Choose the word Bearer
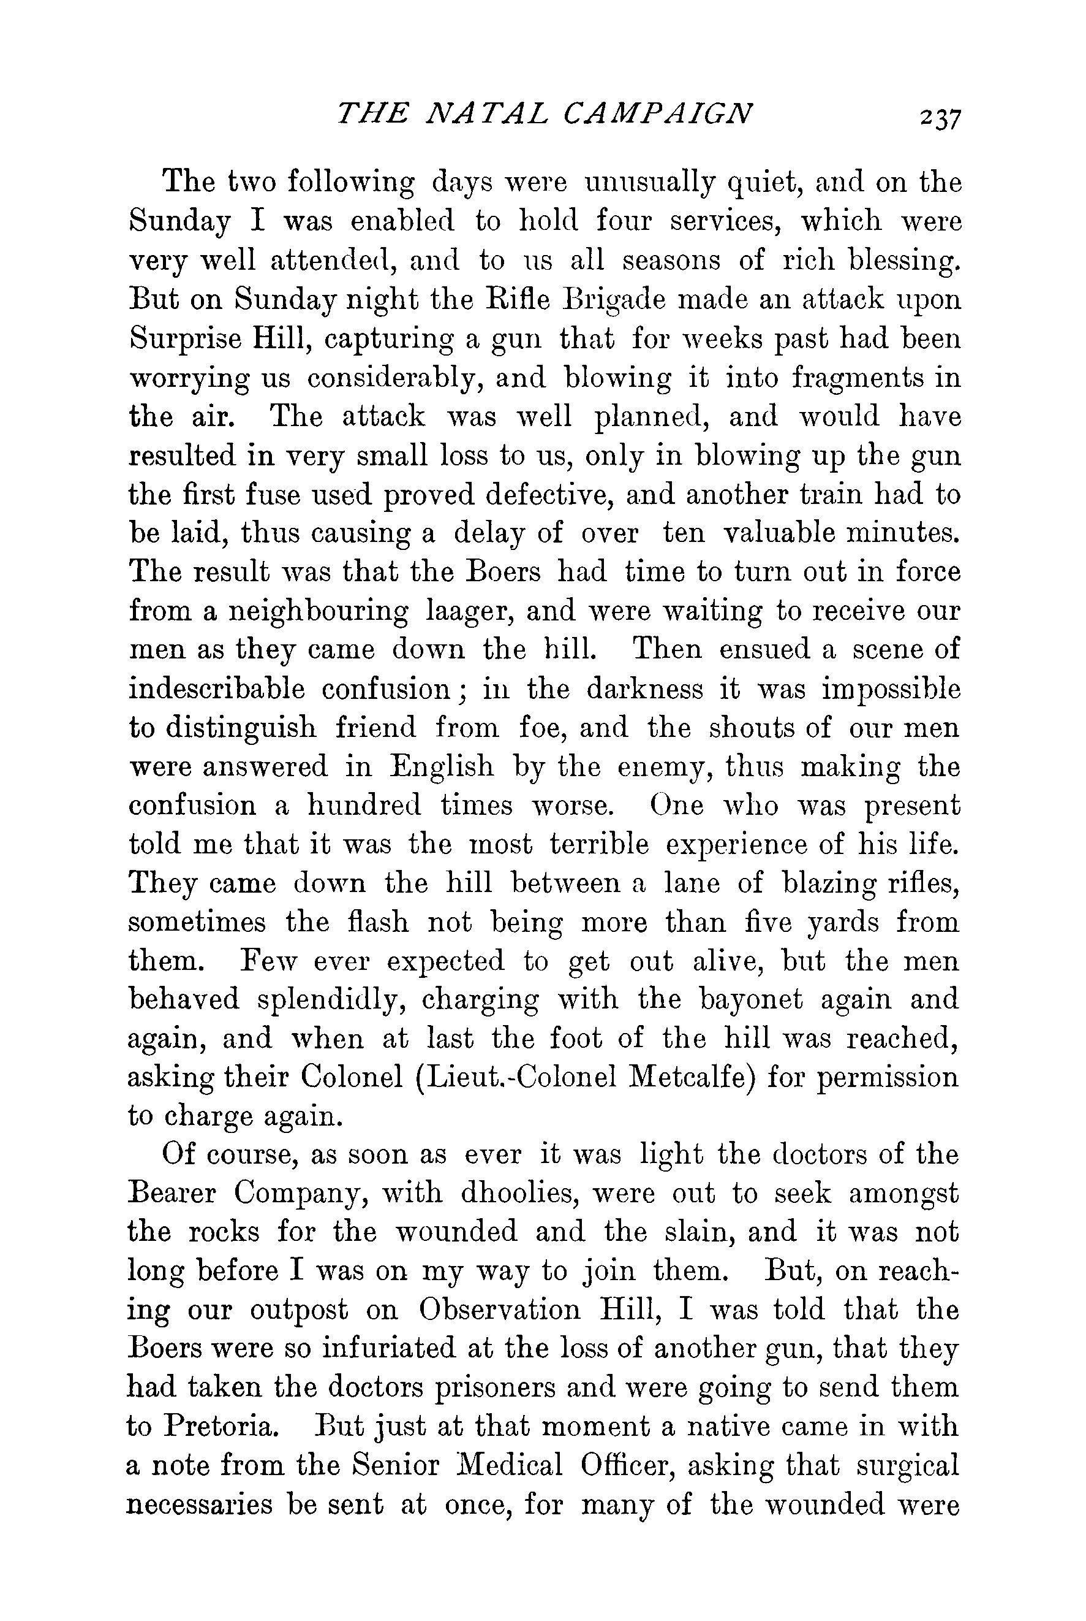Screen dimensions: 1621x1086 [175, 1194]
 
